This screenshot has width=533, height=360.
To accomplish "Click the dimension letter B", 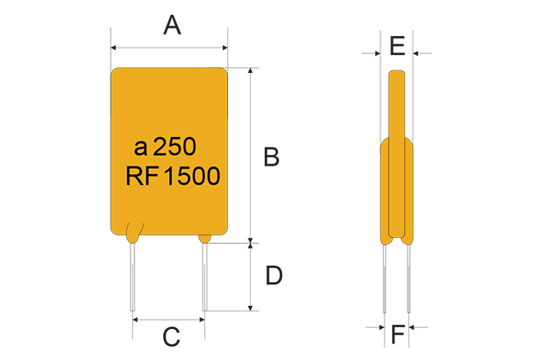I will click(271, 157).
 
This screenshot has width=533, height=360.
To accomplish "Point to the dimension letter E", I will click(397, 46).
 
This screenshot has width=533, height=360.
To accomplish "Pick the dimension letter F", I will click(398, 334).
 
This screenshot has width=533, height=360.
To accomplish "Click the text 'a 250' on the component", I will click(165, 148).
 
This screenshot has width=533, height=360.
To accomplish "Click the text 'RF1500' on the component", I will click(173, 176).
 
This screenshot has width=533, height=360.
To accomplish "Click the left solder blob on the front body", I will click(133, 232).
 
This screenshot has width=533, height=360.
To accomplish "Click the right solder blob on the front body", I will click(205, 238).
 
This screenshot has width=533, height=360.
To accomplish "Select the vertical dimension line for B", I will click(250, 156).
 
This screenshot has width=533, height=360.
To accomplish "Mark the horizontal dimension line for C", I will click(169, 320).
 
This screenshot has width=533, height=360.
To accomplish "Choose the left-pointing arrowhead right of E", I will click(417, 54).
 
